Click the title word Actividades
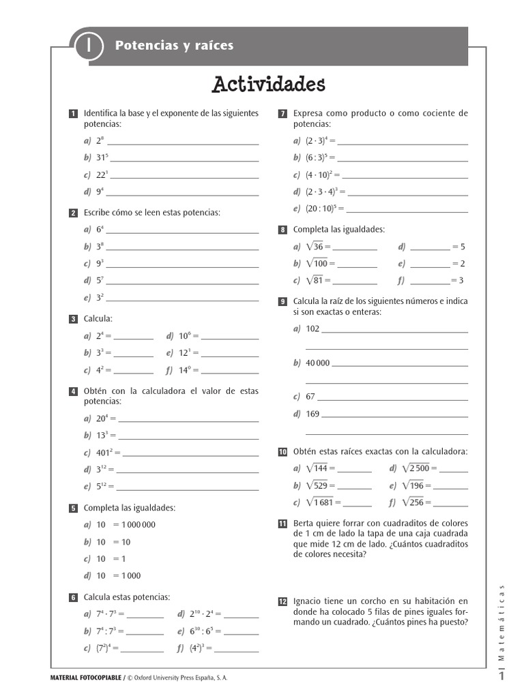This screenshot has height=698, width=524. [x=268, y=85]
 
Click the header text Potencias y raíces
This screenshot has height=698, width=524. [x=174, y=46]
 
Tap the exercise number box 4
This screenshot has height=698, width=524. [x=73, y=391]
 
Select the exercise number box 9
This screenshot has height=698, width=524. [x=282, y=301]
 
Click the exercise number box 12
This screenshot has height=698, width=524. [x=282, y=601]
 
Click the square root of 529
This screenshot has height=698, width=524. [x=317, y=485]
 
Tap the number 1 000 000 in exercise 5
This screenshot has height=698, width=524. [x=139, y=525]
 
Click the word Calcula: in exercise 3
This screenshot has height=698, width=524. [x=98, y=318]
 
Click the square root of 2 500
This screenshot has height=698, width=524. [x=416, y=468]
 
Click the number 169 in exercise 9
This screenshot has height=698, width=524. [x=312, y=414]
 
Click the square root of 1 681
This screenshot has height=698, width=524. [x=319, y=502]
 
